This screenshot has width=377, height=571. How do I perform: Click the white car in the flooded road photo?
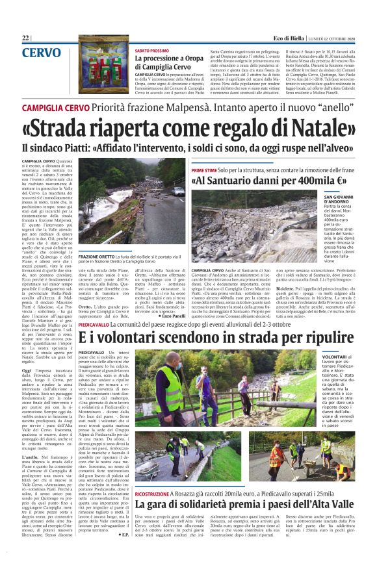[x=177, y=191]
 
